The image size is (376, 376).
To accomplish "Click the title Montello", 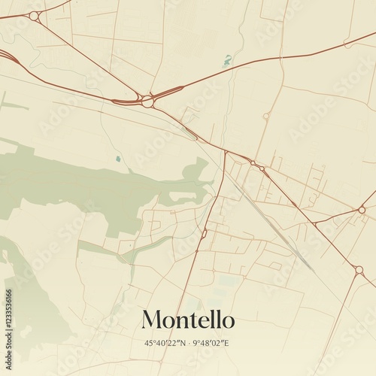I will [188, 320].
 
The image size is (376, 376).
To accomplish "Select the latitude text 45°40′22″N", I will [165, 343].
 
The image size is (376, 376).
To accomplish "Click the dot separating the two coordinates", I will [188, 343].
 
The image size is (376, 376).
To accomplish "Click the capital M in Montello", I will [151, 320].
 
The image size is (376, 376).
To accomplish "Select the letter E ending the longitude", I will [227, 343].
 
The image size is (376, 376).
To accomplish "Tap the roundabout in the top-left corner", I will [34, 15].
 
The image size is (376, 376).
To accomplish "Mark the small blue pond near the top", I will [227, 60].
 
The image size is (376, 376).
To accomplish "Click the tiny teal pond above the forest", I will [118, 159].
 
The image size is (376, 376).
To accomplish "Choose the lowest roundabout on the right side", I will [359, 269].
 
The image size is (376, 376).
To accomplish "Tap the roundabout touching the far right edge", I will [362, 209].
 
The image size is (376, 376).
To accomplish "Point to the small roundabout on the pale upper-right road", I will [265, 116].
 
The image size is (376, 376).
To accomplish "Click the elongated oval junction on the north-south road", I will [203, 234].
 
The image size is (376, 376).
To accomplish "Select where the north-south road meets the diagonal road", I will [225, 152].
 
